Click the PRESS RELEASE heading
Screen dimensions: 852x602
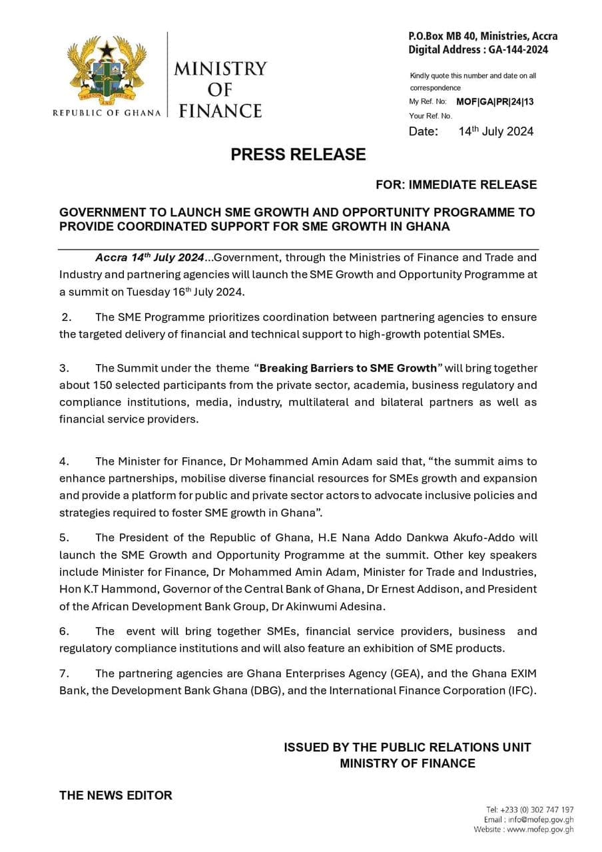(298, 154)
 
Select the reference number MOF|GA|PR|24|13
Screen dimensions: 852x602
(494, 102)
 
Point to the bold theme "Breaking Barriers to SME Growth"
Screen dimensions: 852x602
(348, 368)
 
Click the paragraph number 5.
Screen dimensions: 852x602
(64, 537)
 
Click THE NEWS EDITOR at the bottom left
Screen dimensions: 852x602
(115, 795)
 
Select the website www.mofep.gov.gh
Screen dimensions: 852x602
(540, 829)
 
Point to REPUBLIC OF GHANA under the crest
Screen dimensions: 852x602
(107, 113)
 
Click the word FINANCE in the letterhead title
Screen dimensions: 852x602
(220, 110)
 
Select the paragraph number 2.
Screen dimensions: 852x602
(66, 317)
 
